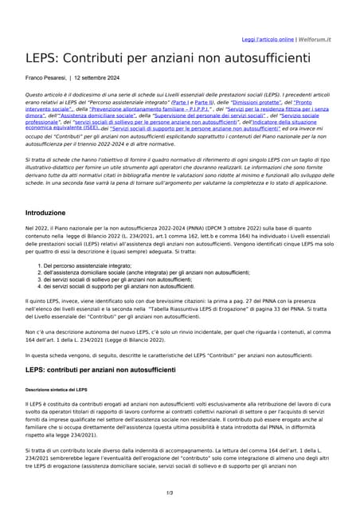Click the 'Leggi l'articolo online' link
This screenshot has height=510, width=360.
[x=268, y=39]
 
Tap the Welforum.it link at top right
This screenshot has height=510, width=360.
[x=315, y=39]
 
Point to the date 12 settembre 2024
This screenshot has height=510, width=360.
[x=96, y=78]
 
